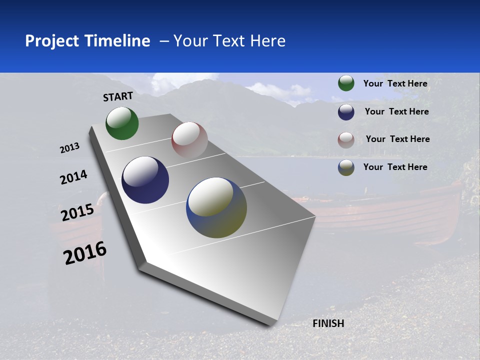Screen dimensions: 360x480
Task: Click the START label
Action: [x=118, y=96]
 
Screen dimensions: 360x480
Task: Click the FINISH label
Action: [x=328, y=323]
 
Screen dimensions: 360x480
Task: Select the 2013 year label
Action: [x=69, y=148]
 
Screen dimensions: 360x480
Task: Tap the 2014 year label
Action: [x=73, y=177]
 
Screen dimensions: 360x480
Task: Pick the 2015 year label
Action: [x=77, y=212]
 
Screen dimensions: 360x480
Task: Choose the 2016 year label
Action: [x=85, y=253]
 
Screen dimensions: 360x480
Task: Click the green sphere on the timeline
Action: [x=122, y=123]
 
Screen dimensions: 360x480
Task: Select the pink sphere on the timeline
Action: [x=189, y=140]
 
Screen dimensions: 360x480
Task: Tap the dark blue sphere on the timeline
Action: [x=145, y=180]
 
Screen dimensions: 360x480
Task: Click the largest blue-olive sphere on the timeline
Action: [x=216, y=207]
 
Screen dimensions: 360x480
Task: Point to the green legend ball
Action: [x=346, y=83]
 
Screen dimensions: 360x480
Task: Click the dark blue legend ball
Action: [x=346, y=112]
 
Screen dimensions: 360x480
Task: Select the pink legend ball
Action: [x=346, y=140]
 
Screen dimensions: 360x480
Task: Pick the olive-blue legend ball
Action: [x=346, y=167]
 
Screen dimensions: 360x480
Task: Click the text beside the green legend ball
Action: [x=395, y=83]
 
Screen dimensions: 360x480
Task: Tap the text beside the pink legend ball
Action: [x=397, y=139]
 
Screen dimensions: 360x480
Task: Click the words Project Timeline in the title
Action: [x=87, y=41]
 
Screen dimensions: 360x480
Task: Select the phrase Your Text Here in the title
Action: [x=229, y=41]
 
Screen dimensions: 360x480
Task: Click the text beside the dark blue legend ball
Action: [x=396, y=111]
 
